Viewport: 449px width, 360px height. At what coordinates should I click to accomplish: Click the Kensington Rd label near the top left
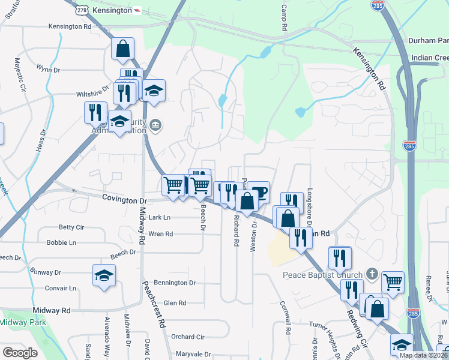coord(70,26)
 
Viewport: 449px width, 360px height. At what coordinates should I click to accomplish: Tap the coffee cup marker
coord(259,192)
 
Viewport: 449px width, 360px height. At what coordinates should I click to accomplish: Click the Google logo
coord(20,353)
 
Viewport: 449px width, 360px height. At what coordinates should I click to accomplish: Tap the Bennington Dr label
coord(175,282)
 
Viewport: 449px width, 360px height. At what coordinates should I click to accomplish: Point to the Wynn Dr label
coord(48,70)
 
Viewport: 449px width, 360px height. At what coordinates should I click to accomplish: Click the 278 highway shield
coord(82,10)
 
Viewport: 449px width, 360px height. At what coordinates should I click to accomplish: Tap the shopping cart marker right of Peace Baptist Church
coord(393,281)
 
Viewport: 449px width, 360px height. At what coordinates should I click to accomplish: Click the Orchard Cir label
coord(188,337)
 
